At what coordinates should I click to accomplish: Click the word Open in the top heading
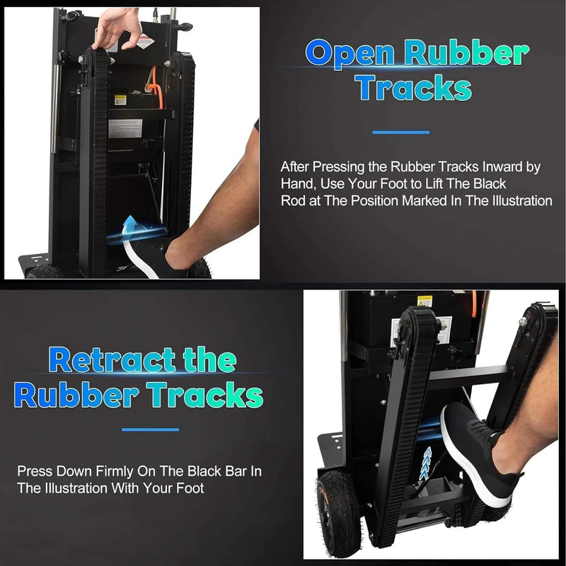pyautogui.click(x=350, y=53)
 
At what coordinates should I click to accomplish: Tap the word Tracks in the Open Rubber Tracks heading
pyautogui.click(x=413, y=87)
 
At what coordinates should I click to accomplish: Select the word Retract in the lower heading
pyautogui.click(x=112, y=359)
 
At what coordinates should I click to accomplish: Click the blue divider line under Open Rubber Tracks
pyautogui.click(x=400, y=132)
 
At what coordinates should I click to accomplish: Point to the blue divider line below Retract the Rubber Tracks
pyautogui.click(x=150, y=429)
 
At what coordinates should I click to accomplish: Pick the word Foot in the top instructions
pyautogui.click(x=395, y=184)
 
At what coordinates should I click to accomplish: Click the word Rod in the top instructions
pyautogui.click(x=293, y=201)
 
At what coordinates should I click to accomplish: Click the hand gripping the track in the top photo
pyautogui.click(x=116, y=30)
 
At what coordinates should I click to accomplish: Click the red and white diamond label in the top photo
pyautogui.click(x=146, y=41)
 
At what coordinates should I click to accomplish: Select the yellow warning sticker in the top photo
pyautogui.click(x=120, y=100)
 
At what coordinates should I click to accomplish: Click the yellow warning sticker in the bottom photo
pyautogui.click(x=424, y=301)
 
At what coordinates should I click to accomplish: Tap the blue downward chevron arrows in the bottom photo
pyautogui.click(x=427, y=463)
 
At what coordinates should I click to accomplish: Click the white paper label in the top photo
pyautogui.click(x=125, y=129)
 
